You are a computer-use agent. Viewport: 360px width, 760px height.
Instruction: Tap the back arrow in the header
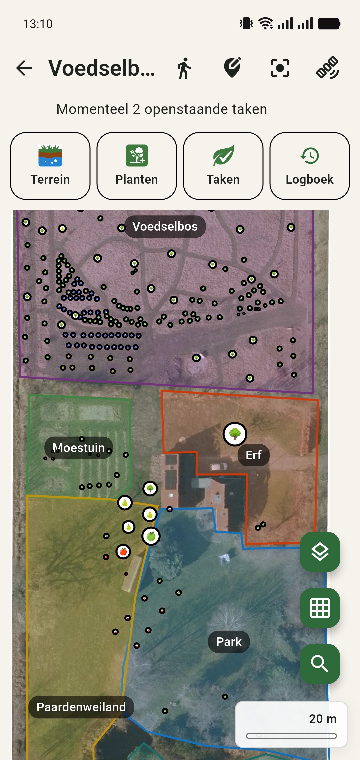point(24,68)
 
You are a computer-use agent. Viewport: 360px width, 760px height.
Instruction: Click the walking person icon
point(184,68)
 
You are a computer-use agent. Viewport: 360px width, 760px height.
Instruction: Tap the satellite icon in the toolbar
point(327,68)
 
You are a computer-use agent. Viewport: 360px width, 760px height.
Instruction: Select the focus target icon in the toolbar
point(280,68)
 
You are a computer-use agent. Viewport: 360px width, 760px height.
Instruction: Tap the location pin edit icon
point(232,68)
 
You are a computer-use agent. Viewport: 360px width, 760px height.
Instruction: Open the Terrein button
point(50,166)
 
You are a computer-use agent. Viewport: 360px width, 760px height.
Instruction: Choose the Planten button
point(137,166)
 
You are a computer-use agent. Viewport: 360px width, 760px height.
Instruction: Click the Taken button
point(223,166)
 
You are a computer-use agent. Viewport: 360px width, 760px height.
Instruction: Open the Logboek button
point(309,166)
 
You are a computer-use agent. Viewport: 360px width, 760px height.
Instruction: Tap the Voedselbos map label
point(165,227)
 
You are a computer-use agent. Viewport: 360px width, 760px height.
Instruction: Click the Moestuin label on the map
point(79,448)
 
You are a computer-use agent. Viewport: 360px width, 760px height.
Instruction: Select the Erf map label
point(253,455)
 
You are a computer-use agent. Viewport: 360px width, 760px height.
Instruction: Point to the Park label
point(229,642)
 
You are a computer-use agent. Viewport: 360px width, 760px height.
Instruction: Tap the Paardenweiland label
point(81,707)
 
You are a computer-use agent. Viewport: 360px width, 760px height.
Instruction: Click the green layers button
point(320,552)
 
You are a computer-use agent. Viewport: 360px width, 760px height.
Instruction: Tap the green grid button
point(320,608)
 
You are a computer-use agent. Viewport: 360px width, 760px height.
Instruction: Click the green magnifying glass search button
point(320,664)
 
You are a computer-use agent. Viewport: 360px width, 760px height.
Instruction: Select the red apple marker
point(123,552)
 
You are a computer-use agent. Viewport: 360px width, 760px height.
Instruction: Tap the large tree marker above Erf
point(235,434)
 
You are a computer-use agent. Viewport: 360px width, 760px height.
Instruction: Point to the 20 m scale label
point(322,719)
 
